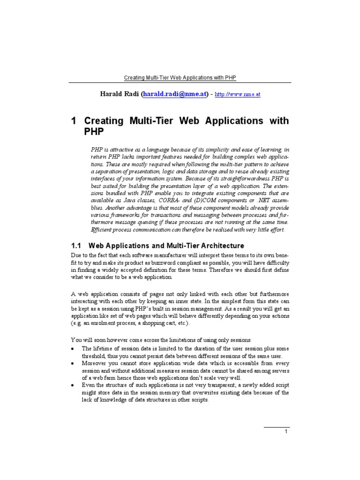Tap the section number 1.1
tap(76, 246)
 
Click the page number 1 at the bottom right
tap(286, 432)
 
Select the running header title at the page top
tap(180, 77)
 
